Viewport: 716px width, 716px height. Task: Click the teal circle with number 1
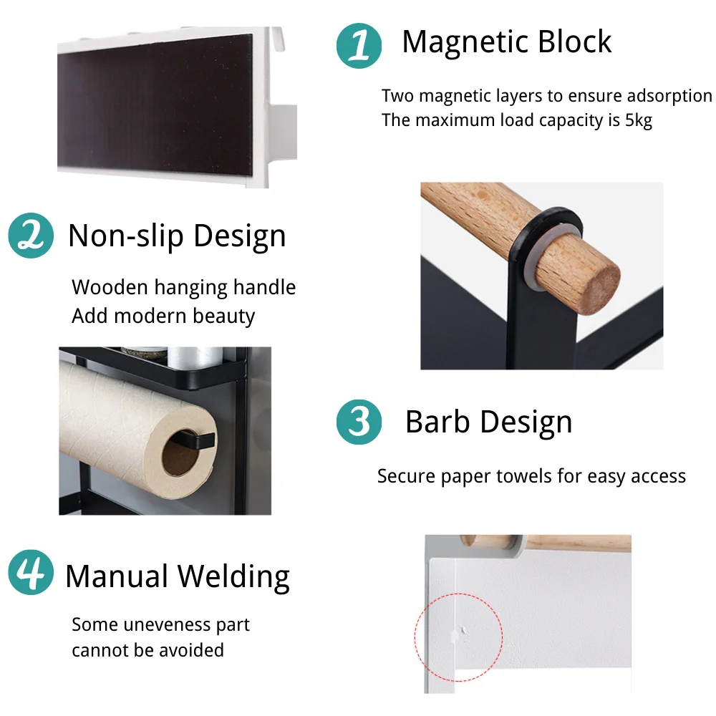point(359,46)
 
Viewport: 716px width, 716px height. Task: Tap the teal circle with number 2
point(31,235)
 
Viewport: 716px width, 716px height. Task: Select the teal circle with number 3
point(359,422)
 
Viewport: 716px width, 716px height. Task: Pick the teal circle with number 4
point(31,572)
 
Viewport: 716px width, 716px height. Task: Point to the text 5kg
point(639,120)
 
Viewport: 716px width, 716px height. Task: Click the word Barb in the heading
point(437,422)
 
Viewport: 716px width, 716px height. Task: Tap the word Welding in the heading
point(233,577)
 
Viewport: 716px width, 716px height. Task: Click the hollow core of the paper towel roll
point(181,452)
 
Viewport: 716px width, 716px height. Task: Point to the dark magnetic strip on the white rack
point(155,104)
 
